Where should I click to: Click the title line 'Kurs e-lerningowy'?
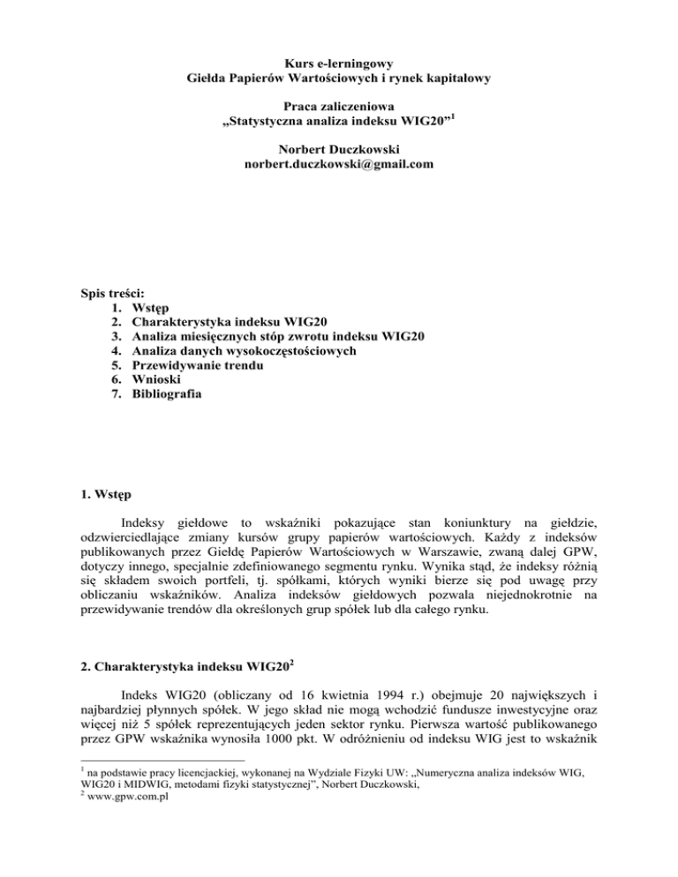click(339, 63)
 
